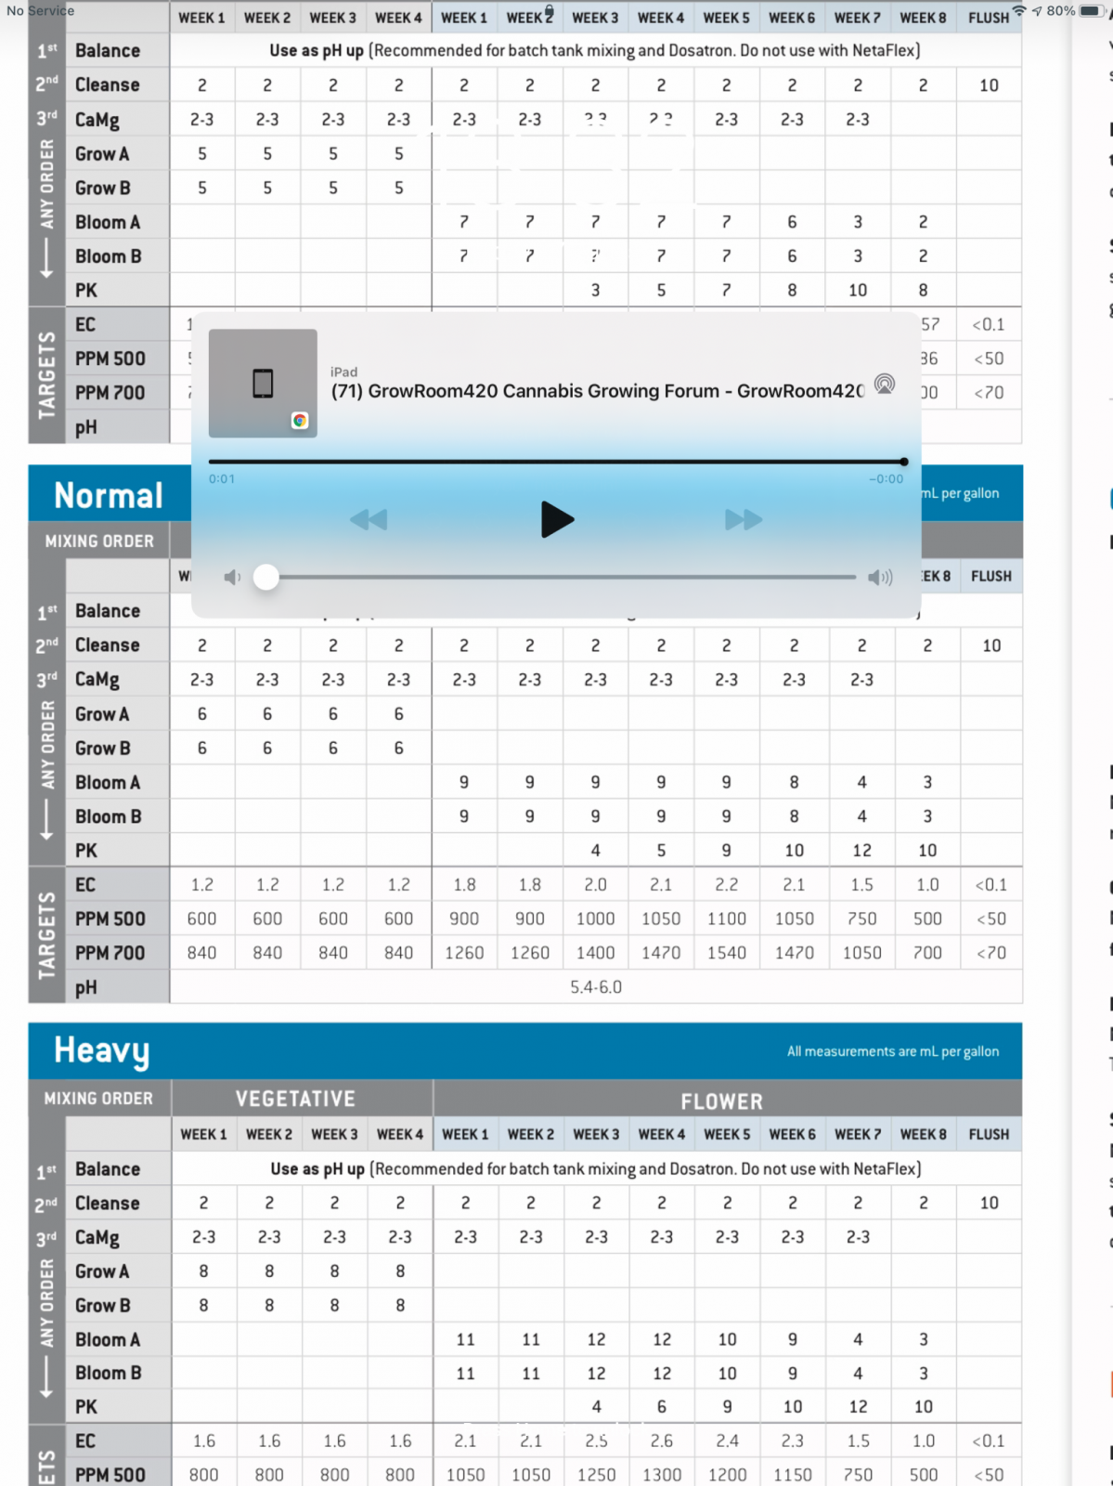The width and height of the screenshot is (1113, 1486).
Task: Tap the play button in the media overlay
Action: point(557,519)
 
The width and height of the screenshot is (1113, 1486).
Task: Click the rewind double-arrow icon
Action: point(369,519)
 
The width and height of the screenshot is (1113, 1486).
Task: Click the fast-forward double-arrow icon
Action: point(744,519)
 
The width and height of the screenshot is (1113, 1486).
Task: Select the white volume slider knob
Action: point(266,577)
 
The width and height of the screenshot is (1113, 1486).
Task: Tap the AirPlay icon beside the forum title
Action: point(885,385)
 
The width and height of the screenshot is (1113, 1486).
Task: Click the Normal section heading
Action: point(109,495)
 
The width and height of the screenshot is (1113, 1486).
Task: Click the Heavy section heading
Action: point(101,1050)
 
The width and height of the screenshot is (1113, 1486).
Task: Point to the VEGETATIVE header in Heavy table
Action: point(295,1099)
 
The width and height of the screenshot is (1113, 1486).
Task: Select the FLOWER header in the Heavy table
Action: point(721,1101)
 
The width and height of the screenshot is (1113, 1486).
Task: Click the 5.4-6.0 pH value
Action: point(596,986)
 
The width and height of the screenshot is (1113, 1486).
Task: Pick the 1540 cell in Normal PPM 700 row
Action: point(727,953)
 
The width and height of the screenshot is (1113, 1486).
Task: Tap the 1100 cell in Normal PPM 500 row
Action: point(727,919)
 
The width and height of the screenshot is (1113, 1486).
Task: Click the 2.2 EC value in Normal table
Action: point(727,884)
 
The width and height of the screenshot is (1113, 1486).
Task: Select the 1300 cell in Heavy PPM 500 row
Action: point(662,1475)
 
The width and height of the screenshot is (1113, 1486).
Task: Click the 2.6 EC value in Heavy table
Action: point(662,1440)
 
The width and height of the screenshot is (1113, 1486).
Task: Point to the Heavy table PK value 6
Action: point(662,1406)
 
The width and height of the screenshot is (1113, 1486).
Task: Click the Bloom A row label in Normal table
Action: point(108,782)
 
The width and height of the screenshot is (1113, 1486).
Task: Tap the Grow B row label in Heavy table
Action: point(102,1305)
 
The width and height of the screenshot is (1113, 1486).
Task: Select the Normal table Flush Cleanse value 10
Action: point(991,645)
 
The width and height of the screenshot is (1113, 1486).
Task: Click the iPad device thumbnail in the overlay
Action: point(263,383)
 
